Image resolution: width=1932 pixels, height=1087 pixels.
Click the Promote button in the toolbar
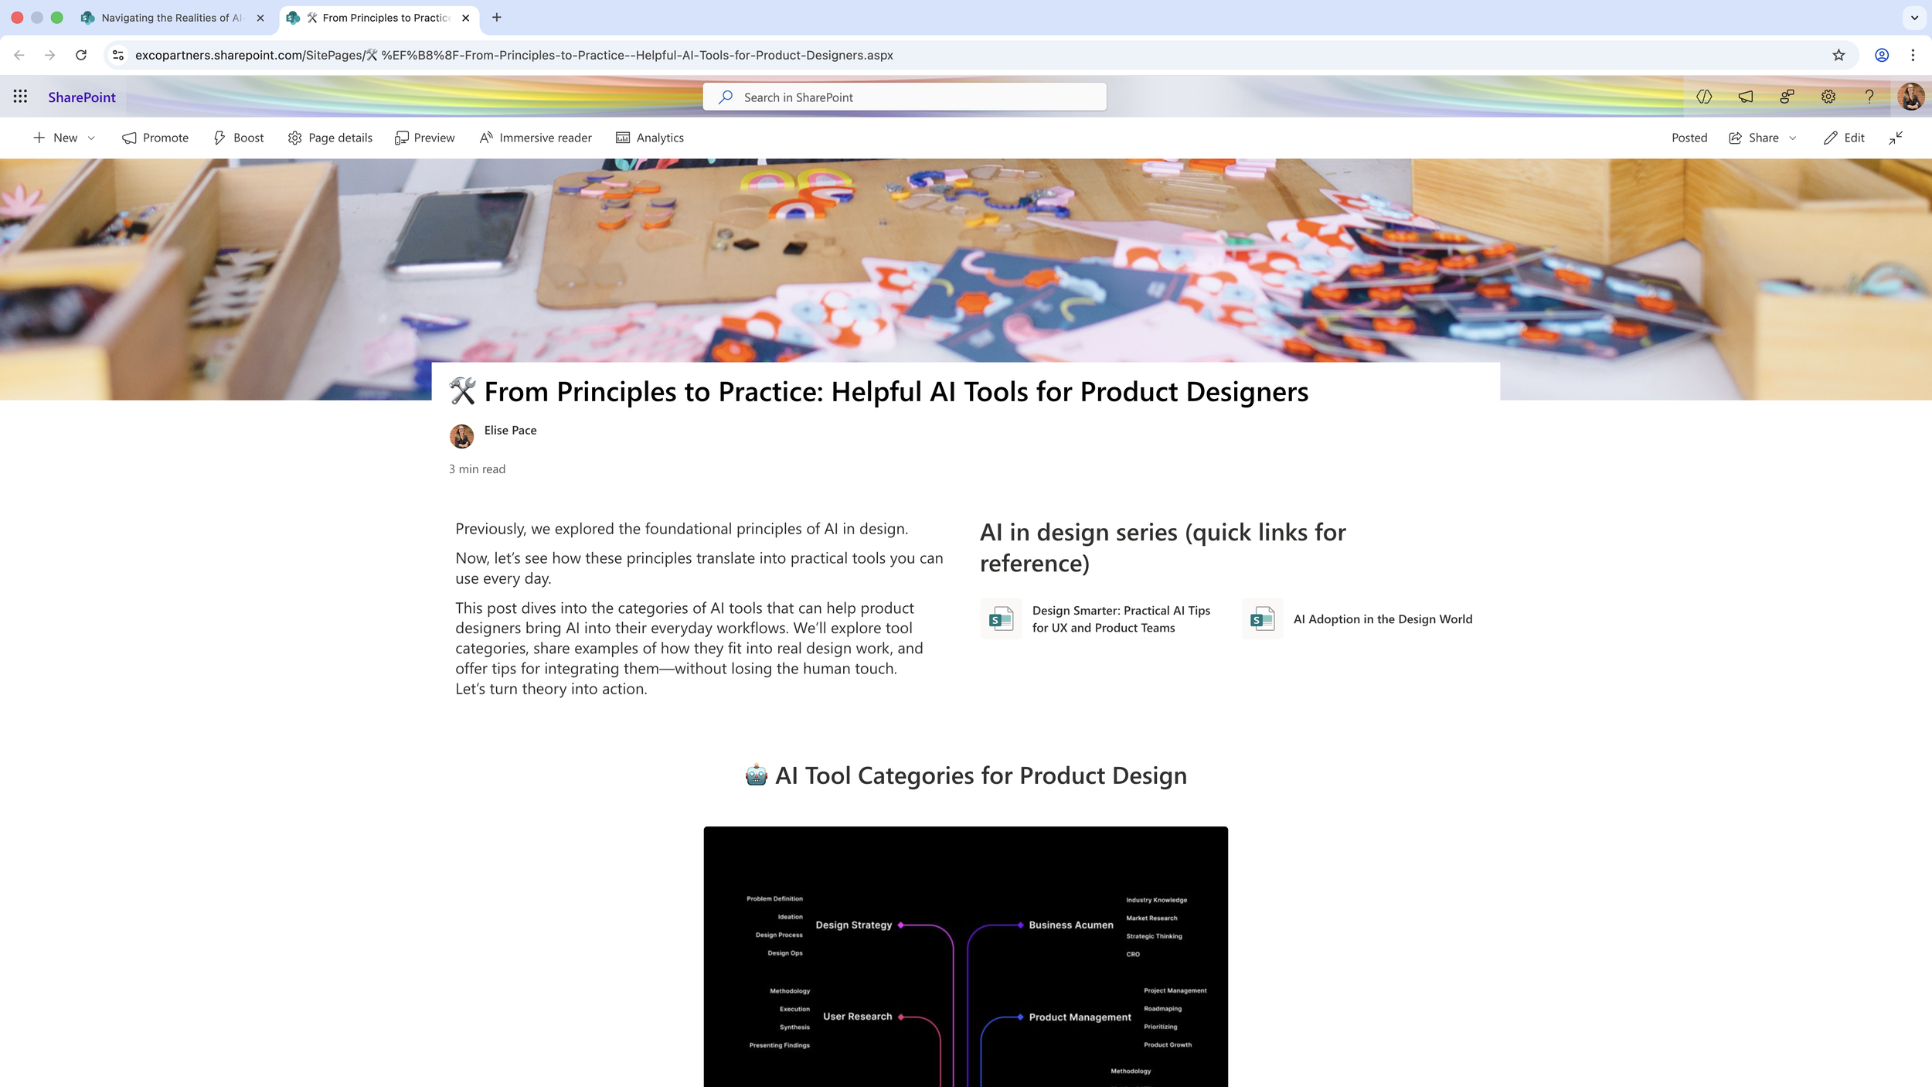[x=155, y=138]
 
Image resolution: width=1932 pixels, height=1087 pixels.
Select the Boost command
[x=239, y=138]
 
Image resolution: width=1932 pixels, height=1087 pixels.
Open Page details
[x=330, y=138]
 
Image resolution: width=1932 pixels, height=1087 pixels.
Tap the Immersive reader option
[x=536, y=138]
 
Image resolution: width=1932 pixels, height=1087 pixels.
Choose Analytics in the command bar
[x=650, y=138]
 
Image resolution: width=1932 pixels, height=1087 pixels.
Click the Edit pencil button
[x=1844, y=138]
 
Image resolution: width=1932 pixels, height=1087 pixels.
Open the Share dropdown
[x=1763, y=138]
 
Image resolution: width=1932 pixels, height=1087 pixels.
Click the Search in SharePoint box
[x=904, y=97]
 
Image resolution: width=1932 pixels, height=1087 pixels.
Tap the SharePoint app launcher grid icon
[x=20, y=97]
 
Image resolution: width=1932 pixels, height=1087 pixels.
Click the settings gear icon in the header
[x=1828, y=97]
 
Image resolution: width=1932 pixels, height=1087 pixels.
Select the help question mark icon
[x=1869, y=97]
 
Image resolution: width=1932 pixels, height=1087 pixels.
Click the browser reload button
[x=81, y=55]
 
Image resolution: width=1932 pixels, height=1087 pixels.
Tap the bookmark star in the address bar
[x=1838, y=55]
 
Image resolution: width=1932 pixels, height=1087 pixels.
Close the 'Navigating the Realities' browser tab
[x=260, y=18]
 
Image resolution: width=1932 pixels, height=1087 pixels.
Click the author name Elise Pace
[x=510, y=431]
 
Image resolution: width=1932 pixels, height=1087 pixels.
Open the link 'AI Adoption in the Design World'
[x=1383, y=619]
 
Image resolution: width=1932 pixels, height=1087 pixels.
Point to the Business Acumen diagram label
[x=1071, y=925]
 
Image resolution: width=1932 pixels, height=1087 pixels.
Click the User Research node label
[x=857, y=1017]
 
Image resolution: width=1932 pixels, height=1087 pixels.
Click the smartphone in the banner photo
[x=461, y=232]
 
